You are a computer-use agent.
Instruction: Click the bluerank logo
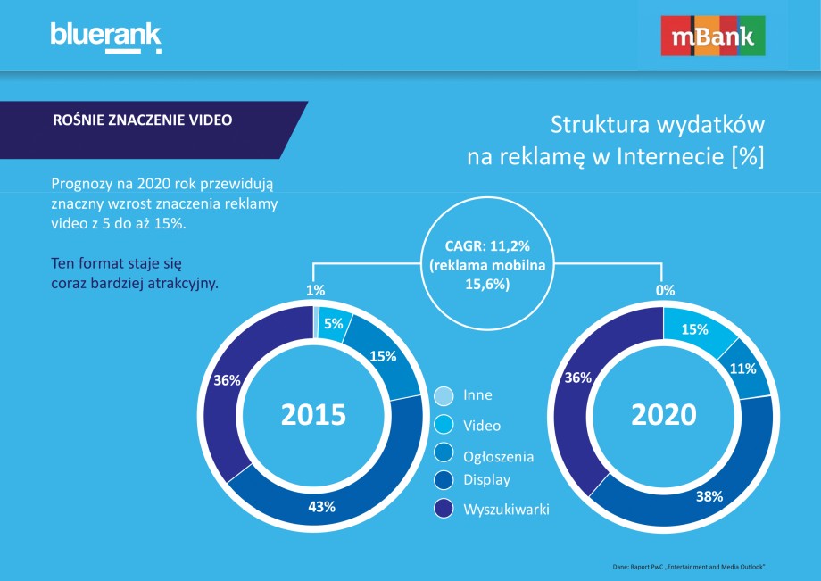pyautogui.click(x=106, y=37)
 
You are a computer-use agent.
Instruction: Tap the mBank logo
pyautogui.click(x=713, y=36)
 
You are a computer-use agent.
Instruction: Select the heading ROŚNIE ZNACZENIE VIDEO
pyautogui.click(x=143, y=120)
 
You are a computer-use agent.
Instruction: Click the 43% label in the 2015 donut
pyautogui.click(x=321, y=507)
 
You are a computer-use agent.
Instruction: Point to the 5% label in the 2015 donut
pyautogui.click(x=333, y=323)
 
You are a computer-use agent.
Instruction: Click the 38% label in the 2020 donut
pyautogui.click(x=709, y=496)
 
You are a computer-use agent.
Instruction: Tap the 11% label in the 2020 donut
pyautogui.click(x=743, y=369)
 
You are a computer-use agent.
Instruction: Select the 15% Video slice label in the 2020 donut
pyautogui.click(x=694, y=329)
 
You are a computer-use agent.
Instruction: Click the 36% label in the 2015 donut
pyautogui.click(x=227, y=380)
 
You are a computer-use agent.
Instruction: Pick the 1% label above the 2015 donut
pyautogui.click(x=315, y=290)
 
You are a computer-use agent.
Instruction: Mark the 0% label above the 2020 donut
pyautogui.click(x=665, y=290)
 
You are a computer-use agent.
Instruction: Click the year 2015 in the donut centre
pyautogui.click(x=313, y=414)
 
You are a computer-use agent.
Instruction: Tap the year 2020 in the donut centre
pyautogui.click(x=663, y=414)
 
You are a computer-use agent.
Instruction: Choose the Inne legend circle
pyautogui.click(x=444, y=395)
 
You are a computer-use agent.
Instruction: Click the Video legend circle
pyautogui.click(x=444, y=425)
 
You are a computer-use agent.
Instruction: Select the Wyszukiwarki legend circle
pyautogui.click(x=444, y=508)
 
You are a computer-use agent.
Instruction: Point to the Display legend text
pyautogui.click(x=486, y=480)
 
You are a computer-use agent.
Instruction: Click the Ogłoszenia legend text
pyautogui.click(x=499, y=457)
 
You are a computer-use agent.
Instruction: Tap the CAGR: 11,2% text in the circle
pyautogui.click(x=487, y=246)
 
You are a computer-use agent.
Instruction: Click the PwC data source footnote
pyautogui.click(x=689, y=567)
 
